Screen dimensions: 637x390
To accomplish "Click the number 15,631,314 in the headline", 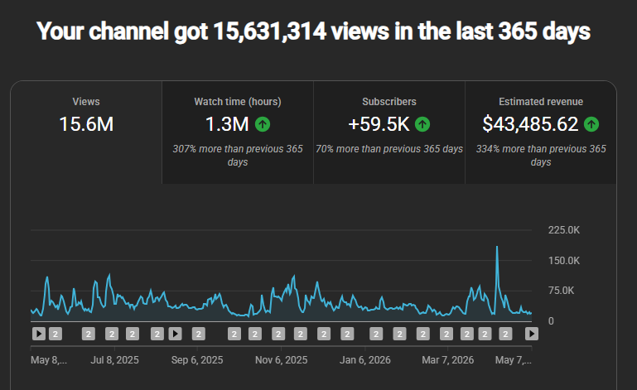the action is pyautogui.click(x=269, y=31).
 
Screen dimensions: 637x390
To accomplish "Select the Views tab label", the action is pyautogui.click(x=86, y=102).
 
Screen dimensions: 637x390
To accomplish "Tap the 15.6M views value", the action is pyautogui.click(x=86, y=124).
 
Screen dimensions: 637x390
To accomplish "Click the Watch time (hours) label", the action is pyautogui.click(x=238, y=102).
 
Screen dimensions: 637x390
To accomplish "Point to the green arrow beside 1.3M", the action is pyautogui.click(x=263, y=124).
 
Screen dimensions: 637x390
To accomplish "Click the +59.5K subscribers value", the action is pyautogui.click(x=379, y=124).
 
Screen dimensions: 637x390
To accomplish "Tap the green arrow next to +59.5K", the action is pyautogui.click(x=422, y=124).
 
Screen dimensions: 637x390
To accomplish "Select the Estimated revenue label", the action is pyautogui.click(x=541, y=102).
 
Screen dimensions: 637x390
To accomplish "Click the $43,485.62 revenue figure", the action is pyautogui.click(x=530, y=124).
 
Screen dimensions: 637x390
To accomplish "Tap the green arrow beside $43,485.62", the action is pyautogui.click(x=591, y=124).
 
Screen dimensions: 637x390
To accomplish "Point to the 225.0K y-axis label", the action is pyautogui.click(x=564, y=230).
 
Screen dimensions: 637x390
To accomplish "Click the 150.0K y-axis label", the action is pyautogui.click(x=564, y=260).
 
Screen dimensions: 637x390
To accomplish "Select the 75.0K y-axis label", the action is pyautogui.click(x=561, y=291).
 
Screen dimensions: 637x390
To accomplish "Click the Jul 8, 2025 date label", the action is pyautogui.click(x=114, y=360).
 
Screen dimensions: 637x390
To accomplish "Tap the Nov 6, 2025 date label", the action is pyautogui.click(x=281, y=360).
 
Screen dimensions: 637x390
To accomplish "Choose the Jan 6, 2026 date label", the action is pyautogui.click(x=364, y=360).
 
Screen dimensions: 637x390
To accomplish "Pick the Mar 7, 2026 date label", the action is pyautogui.click(x=447, y=360).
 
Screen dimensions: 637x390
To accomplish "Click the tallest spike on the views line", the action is pyautogui.click(x=497, y=247).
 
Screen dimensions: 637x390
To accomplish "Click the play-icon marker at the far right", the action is pyautogui.click(x=531, y=334).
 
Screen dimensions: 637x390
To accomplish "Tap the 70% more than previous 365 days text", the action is pyautogui.click(x=389, y=149).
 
